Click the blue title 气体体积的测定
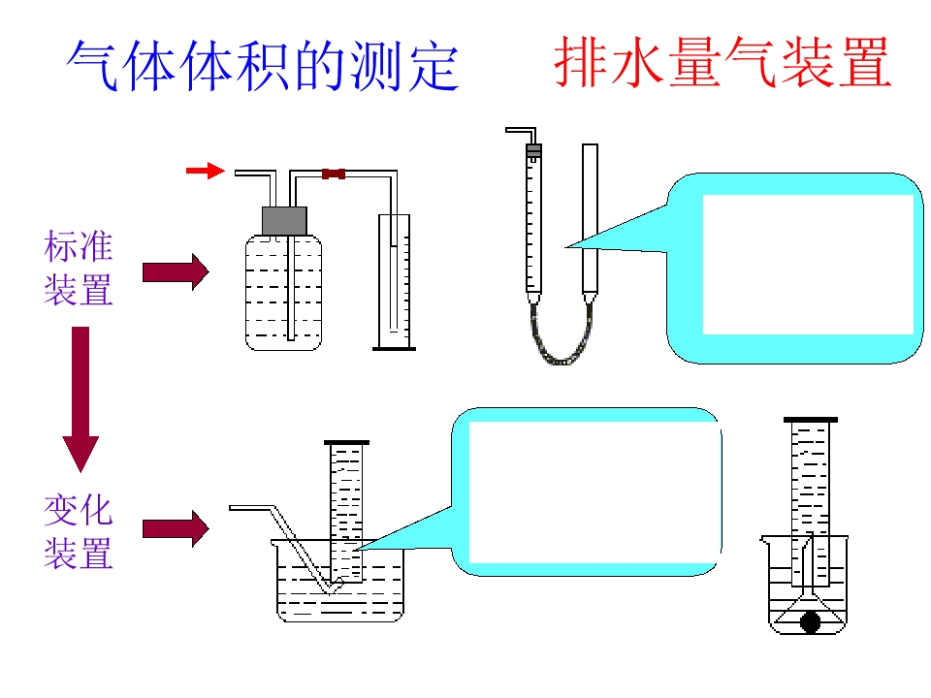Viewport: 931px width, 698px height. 263,65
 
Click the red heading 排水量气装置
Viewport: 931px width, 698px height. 722,62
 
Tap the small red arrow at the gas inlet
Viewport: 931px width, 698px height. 206,171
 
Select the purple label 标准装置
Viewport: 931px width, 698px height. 79,269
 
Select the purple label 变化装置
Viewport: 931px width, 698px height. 79,532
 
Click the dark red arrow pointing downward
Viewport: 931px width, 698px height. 80,398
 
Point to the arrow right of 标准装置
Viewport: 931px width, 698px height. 176,272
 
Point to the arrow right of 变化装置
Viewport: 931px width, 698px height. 176,528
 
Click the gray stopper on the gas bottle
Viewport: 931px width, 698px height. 284,221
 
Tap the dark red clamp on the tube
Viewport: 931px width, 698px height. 334,174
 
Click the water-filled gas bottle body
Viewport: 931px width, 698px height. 284,293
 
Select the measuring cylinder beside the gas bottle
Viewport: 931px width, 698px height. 395,282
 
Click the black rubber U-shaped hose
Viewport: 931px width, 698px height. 561,336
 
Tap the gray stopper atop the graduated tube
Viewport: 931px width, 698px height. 533,151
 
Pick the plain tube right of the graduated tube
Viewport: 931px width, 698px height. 590,221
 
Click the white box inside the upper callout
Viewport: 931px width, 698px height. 808,265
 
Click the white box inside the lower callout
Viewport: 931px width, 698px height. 593,492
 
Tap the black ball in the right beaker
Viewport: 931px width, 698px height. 811,622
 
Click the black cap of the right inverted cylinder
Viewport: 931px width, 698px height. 811,420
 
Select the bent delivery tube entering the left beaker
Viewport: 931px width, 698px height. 286,547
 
